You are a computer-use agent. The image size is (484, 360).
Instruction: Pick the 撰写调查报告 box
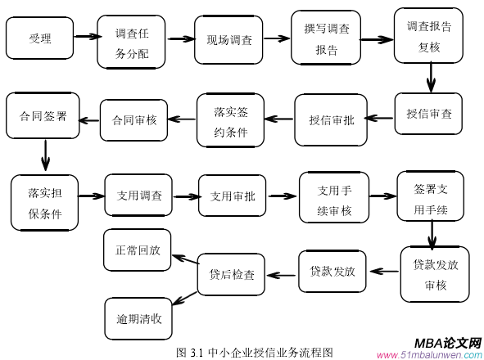(x=326, y=38)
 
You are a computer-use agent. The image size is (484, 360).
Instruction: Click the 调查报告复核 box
(x=428, y=35)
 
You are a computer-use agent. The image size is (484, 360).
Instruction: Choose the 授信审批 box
(x=331, y=119)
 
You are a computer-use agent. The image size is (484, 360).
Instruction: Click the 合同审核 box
(x=134, y=119)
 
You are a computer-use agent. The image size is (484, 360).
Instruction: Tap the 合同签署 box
(x=43, y=115)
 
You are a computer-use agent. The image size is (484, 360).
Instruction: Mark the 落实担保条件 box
(x=45, y=203)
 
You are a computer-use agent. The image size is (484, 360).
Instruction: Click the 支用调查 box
(x=138, y=196)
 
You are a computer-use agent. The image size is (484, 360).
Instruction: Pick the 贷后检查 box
(x=232, y=274)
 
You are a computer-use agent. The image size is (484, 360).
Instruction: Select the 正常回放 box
(x=138, y=250)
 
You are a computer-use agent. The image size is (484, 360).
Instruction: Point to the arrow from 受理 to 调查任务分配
(x=84, y=36)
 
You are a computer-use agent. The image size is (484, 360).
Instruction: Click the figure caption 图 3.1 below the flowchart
(x=255, y=352)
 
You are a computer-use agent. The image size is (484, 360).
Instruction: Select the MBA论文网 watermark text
(x=447, y=344)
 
